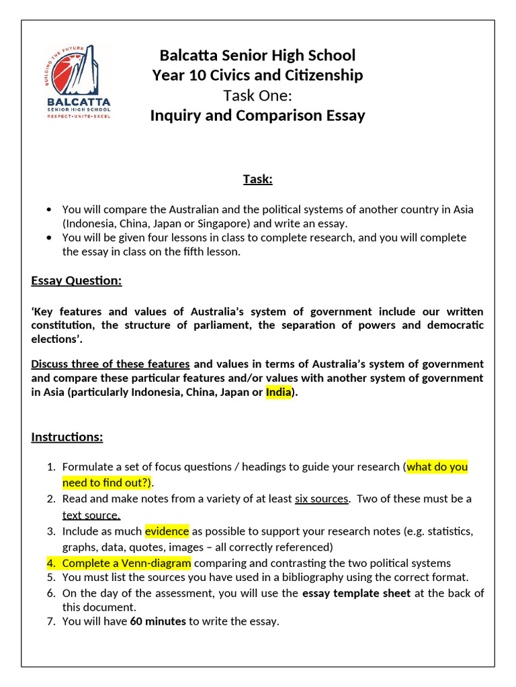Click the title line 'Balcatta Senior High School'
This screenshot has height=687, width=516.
(x=257, y=55)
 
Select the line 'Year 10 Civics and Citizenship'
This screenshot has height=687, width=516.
(x=257, y=75)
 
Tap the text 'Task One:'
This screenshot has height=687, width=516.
(x=257, y=95)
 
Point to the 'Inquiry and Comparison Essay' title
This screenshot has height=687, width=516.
(x=257, y=115)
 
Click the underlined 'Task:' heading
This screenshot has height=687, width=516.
(x=257, y=179)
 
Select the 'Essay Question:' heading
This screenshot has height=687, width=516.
(x=77, y=280)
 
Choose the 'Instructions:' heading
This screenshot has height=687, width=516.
(x=67, y=437)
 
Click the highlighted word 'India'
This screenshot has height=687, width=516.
(x=278, y=392)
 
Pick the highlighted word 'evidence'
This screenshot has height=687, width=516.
(x=167, y=531)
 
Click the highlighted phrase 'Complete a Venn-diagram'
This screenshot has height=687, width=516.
(x=126, y=563)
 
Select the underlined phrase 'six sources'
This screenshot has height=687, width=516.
(x=321, y=498)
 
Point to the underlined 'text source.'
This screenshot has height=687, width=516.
(x=91, y=515)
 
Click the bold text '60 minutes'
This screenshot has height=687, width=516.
(x=158, y=621)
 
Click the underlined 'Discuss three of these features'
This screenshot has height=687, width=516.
(x=111, y=364)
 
